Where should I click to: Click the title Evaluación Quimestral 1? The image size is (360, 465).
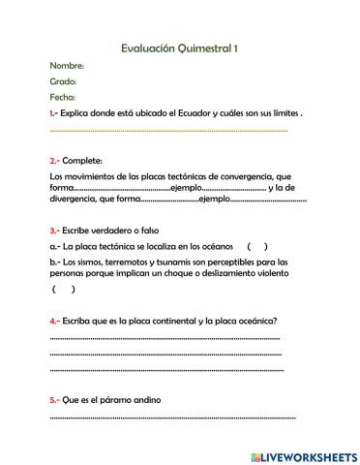pos(180,47)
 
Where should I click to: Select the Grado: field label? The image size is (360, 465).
pos(63,81)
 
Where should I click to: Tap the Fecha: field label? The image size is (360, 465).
pos(62,97)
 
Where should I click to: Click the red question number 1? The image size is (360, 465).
pos(52,113)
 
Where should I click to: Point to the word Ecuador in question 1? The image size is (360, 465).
pos(195,113)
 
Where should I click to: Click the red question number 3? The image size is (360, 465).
pos(53,231)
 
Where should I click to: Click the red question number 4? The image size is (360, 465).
pos(54,320)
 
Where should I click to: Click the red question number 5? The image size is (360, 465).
pos(54,399)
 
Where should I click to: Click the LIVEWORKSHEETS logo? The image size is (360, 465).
pos(304,455)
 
